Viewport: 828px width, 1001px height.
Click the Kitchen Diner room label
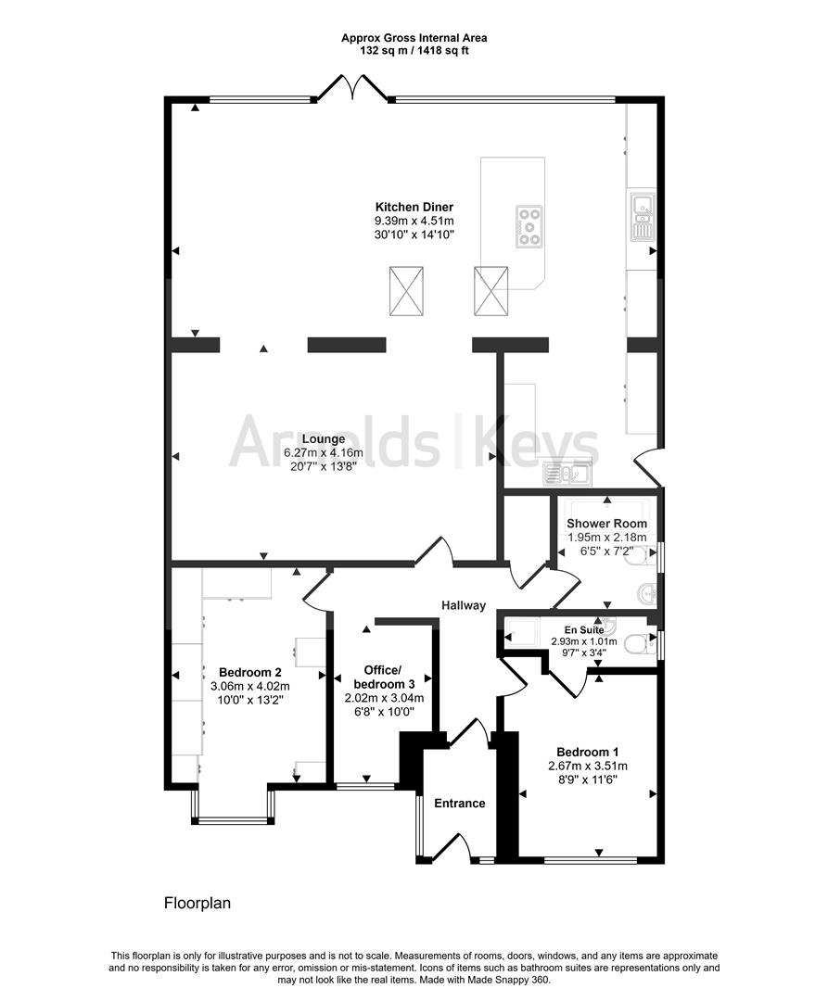click(x=414, y=207)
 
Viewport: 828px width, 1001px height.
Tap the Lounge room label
click(x=324, y=439)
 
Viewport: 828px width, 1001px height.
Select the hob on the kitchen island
click(x=529, y=225)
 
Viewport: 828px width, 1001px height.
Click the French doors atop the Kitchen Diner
click(x=351, y=88)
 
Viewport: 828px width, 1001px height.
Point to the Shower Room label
click(x=607, y=524)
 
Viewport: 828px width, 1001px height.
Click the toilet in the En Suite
click(x=639, y=644)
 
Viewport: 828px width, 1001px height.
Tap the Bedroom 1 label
click(x=587, y=752)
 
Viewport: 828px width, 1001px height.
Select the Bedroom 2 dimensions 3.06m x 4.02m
click(x=250, y=686)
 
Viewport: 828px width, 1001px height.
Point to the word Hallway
click(x=465, y=605)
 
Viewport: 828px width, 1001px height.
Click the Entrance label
click(x=460, y=803)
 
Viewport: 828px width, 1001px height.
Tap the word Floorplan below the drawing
click(x=197, y=904)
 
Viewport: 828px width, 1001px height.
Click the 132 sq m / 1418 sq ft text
click(x=414, y=50)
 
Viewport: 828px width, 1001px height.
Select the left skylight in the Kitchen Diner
click(x=407, y=291)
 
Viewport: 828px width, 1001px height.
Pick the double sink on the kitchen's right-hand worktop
click(x=643, y=215)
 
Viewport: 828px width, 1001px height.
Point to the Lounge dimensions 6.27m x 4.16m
click(x=324, y=452)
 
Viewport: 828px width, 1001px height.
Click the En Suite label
click(x=584, y=630)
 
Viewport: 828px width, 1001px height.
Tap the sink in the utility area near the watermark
click(x=567, y=473)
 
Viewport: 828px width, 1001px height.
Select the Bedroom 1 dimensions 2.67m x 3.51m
click(x=588, y=767)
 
